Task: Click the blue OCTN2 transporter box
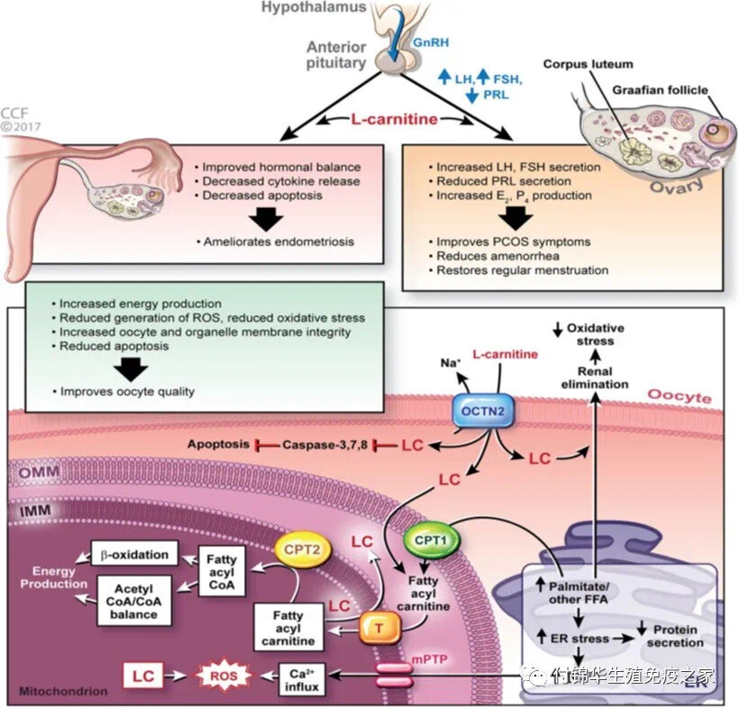[x=483, y=411]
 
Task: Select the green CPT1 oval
[x=431, y=540]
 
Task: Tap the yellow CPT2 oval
[x=302, y=549]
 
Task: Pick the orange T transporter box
[x=380, y=628]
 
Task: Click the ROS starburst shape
[x=224, y=676]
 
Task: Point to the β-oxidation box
[x=134, y=555]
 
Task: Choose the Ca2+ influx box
[x=302, y=680]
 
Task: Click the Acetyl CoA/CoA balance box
[x=134, y=601]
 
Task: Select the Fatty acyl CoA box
[x=222, y=572]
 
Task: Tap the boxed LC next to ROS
[x=143, y=676]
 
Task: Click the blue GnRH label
[x=431, y=42]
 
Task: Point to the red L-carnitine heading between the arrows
[x=395, y=119]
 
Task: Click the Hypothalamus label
[x=314, y=7]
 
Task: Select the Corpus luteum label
[x=588, y=64]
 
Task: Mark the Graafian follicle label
[x=660, y=90]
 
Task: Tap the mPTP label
[x=429, y=659]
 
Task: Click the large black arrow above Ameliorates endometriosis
[x=266, y=220]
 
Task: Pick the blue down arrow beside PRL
[x=471, y=95]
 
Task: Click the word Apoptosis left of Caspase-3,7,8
[x=218, y=444]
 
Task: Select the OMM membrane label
[x=40, y=471]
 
